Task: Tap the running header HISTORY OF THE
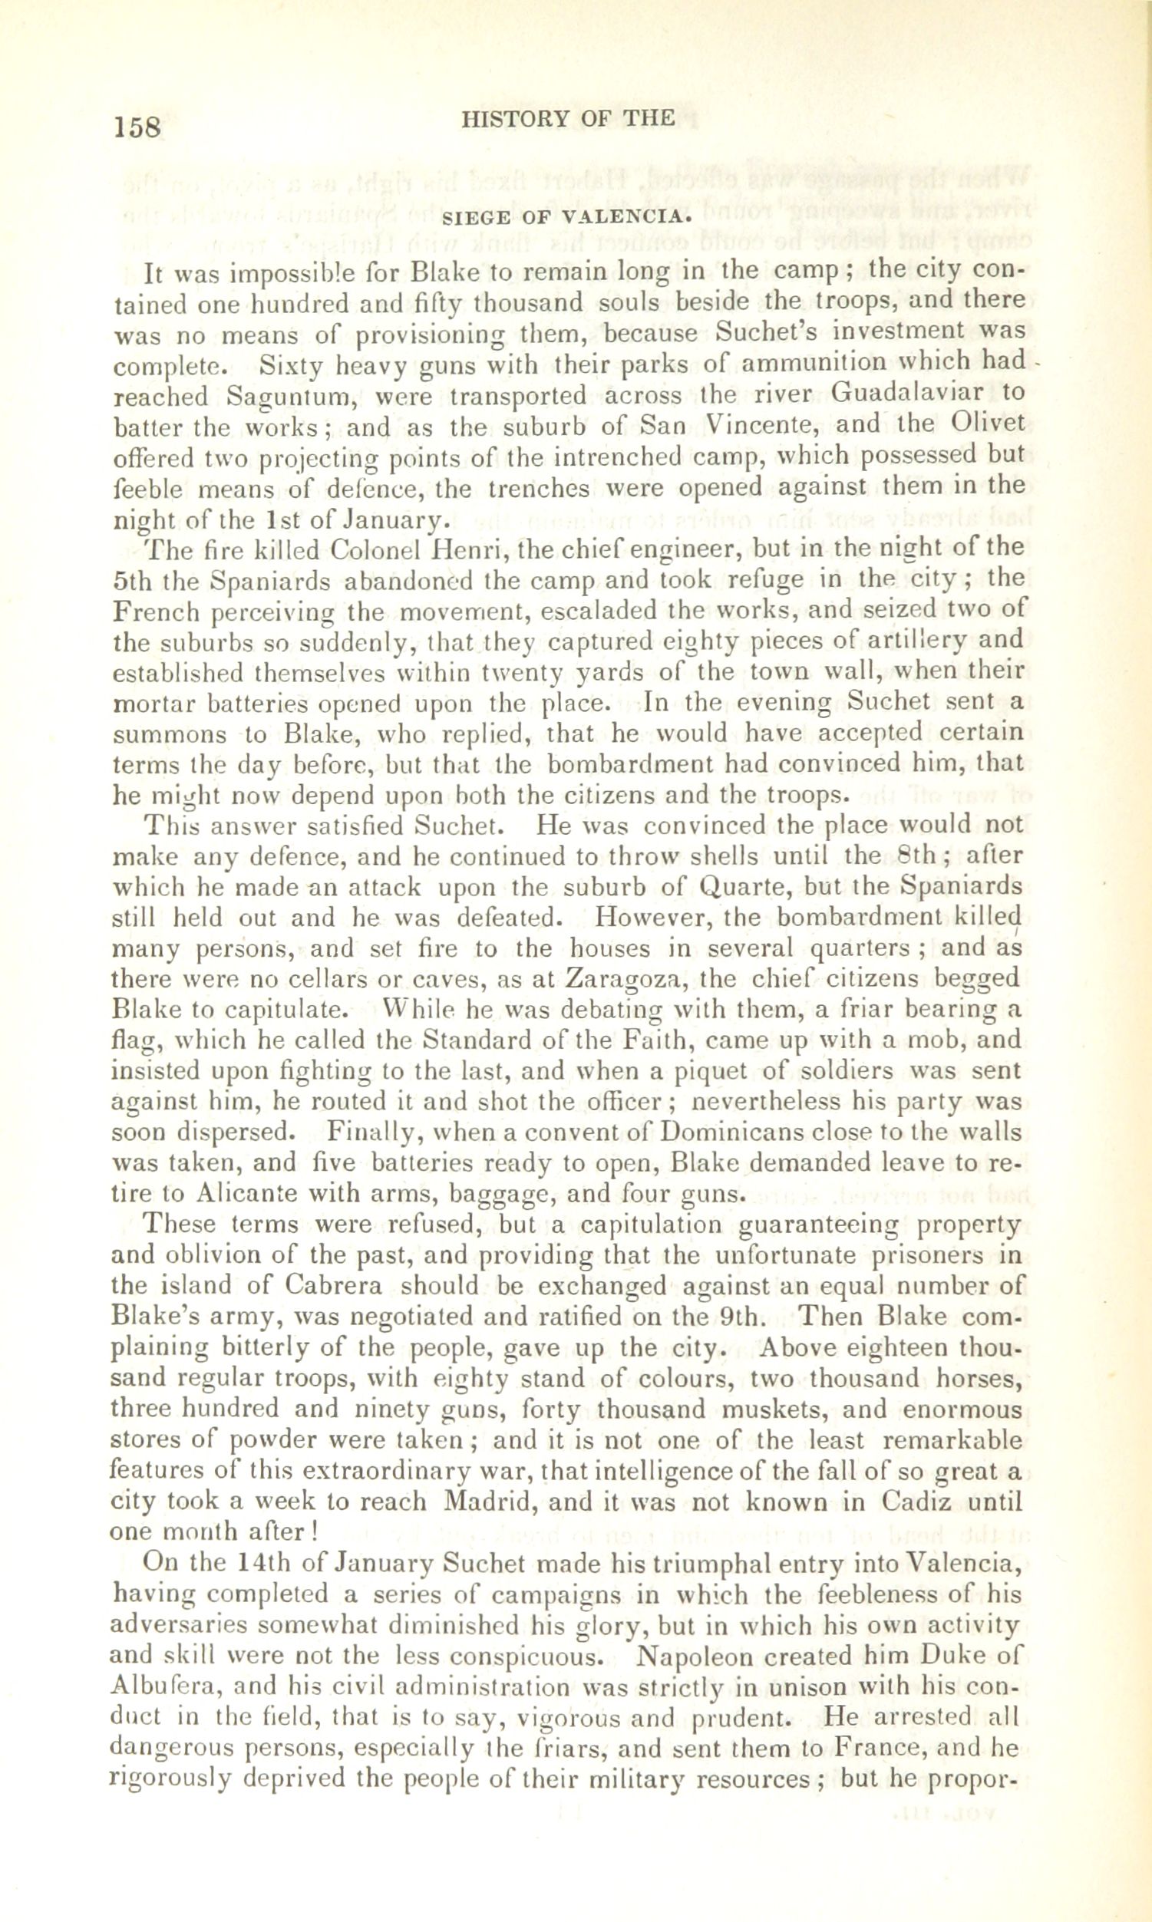coord(567,117)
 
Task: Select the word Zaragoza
coord(622,977)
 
